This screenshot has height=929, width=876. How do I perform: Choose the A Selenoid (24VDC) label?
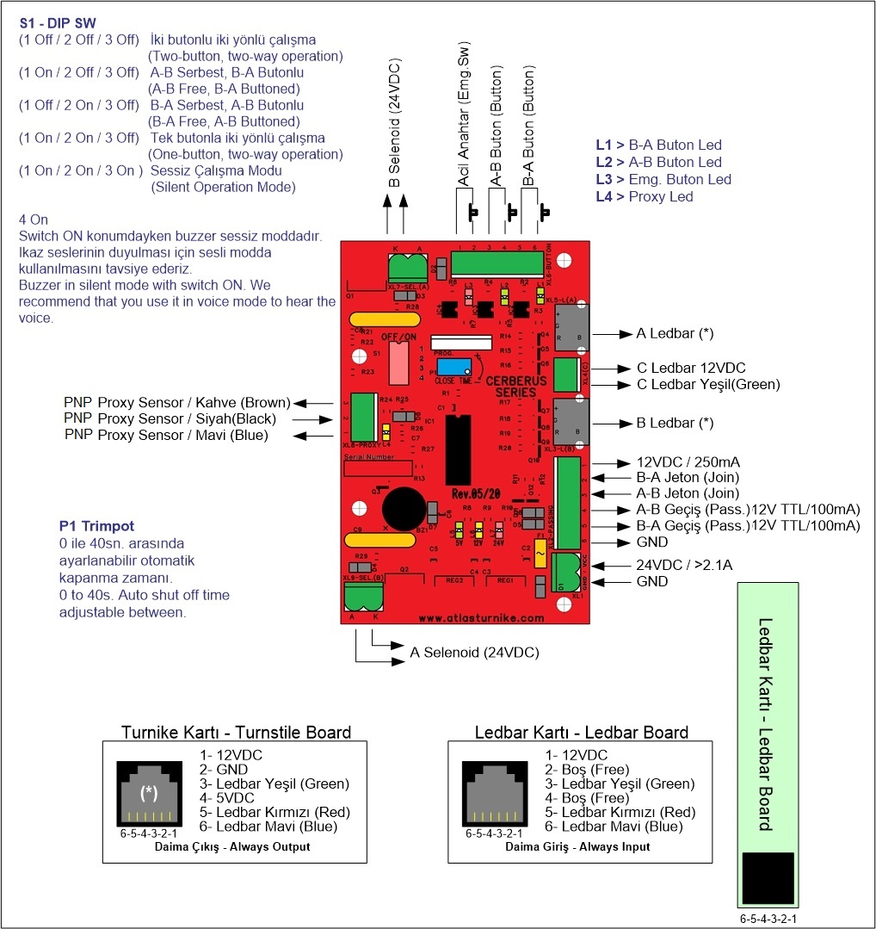coord(474,653)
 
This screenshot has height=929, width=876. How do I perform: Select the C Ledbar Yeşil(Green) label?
coord(707,384)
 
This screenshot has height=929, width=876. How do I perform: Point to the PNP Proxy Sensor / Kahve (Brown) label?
coord(176,403)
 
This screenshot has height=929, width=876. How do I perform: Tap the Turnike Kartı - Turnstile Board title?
coord(237,733)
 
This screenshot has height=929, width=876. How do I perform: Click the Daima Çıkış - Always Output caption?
coord(232,846)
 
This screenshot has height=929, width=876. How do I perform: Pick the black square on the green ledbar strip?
coord(767,877)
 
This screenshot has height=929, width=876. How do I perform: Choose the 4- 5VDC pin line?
coord(229,798)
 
